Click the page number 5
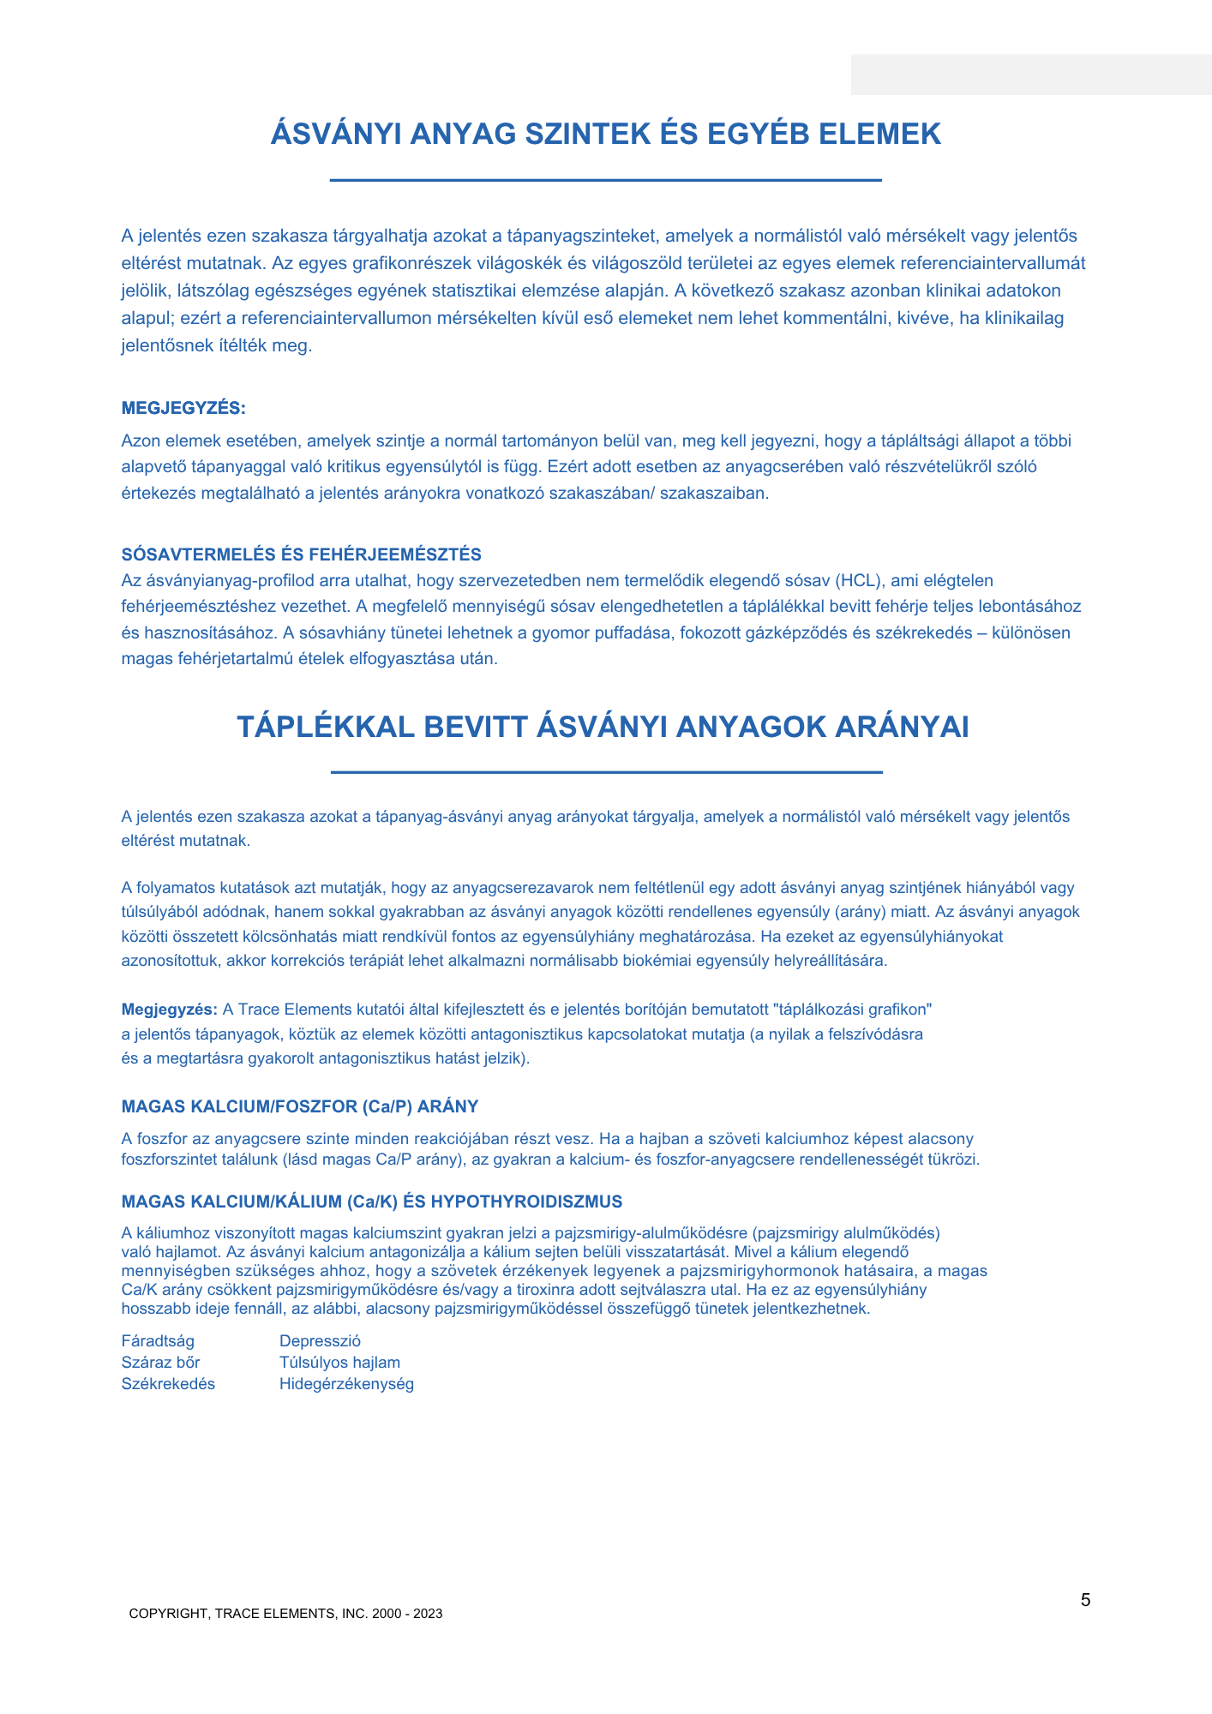click(1085, 1600)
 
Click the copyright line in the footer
click(285, 1614)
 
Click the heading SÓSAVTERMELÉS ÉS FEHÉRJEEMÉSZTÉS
click(301, 554)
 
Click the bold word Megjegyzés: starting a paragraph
click(170, 1010)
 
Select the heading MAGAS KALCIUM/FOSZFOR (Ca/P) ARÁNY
click(300, 1106)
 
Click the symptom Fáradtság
click(158, 1341)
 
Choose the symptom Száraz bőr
click(160, 1363)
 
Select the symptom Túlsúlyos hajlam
click(339, 1363)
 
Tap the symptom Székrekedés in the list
click(168, 1384)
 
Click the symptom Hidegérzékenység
click(346, 1384)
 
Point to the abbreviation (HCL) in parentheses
click(859, 580)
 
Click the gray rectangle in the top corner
click(1030, 75)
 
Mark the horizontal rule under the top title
click(606, 180)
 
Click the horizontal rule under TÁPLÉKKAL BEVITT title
click(606, 772)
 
